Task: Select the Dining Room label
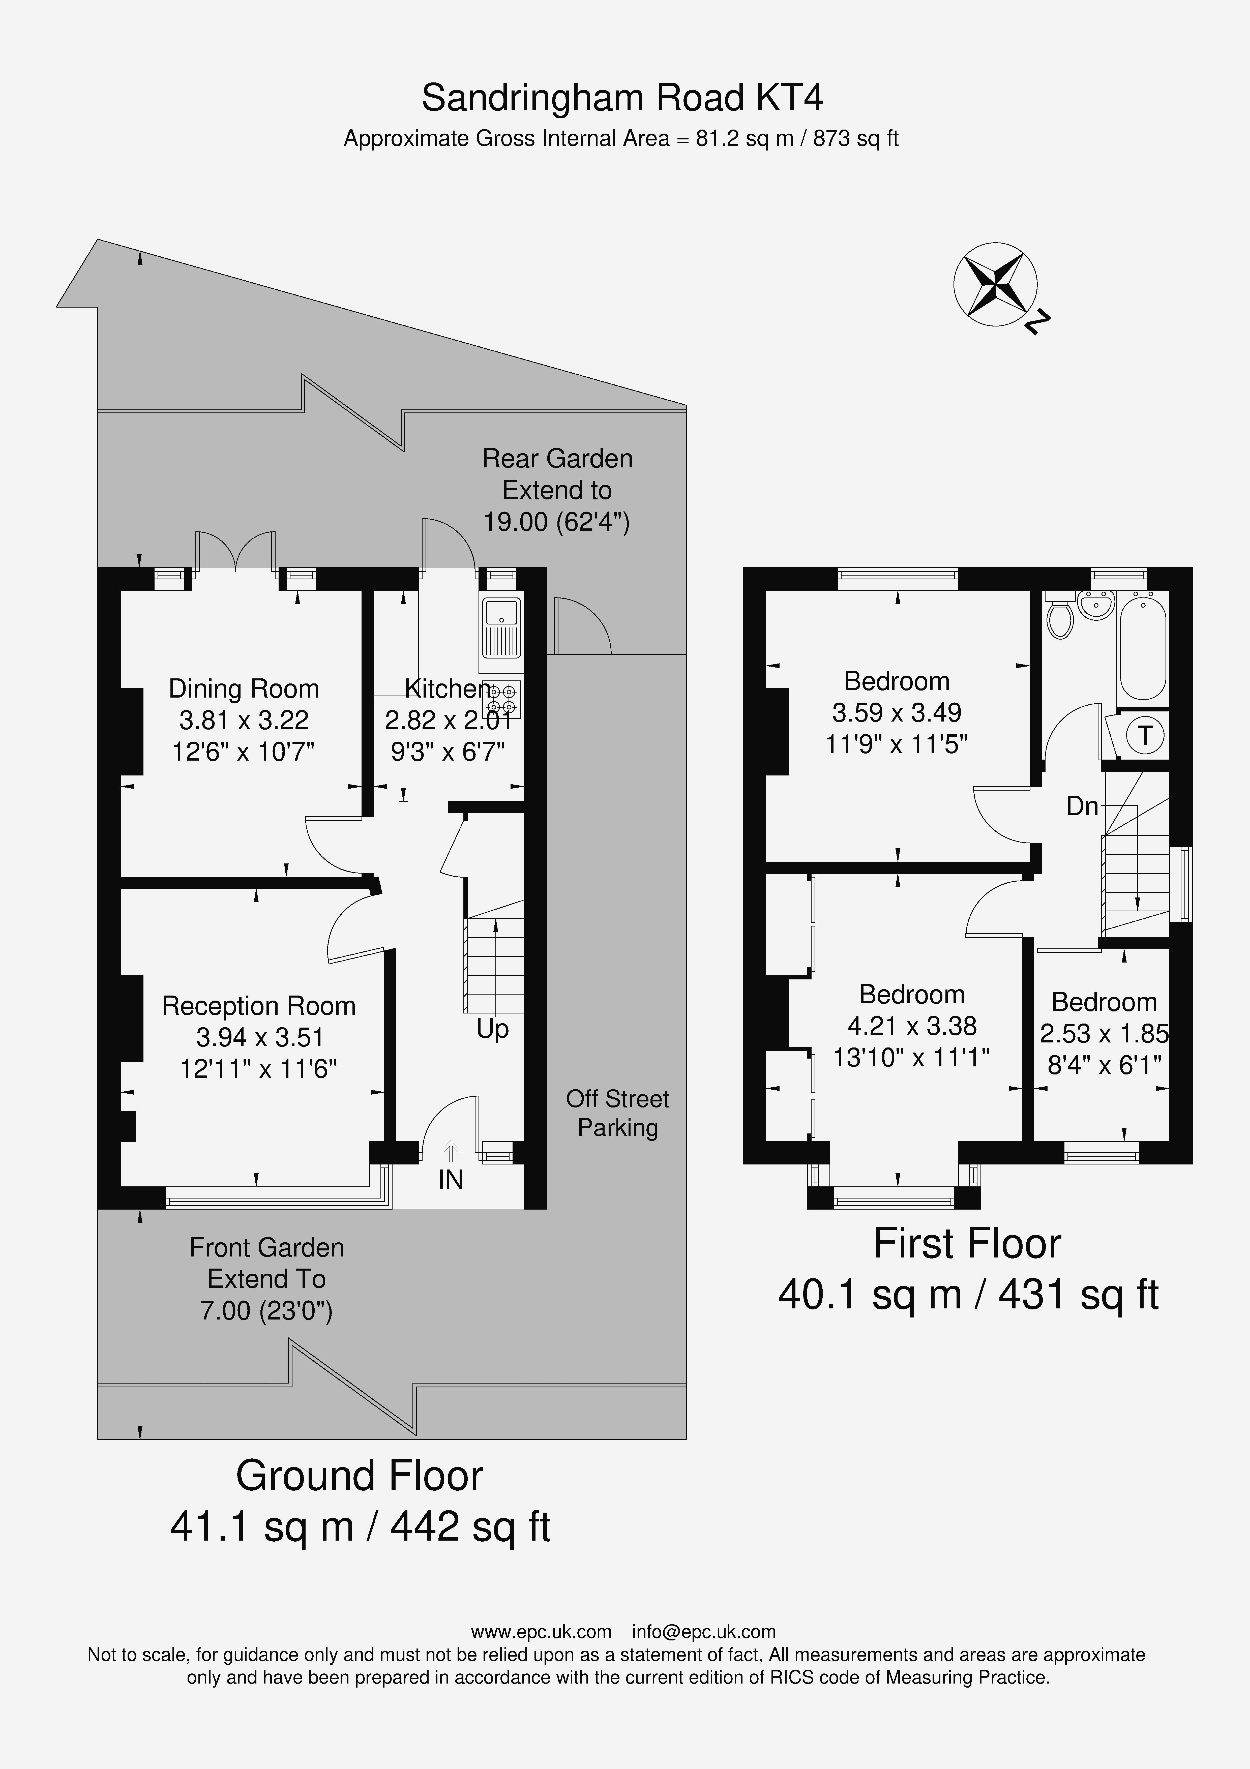click(x=244, y=688)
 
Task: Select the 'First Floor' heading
click(x=967, y=1244)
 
